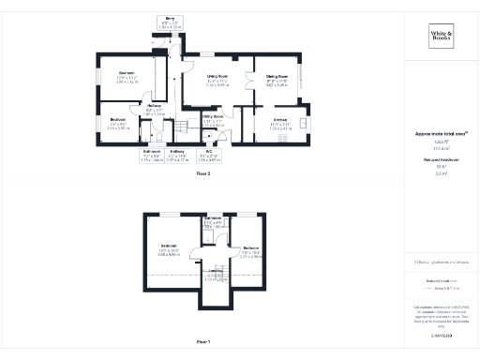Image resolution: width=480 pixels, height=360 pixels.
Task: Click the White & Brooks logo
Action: tap(441, 37)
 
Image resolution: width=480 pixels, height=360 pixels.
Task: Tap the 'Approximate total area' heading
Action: tap(440, 134)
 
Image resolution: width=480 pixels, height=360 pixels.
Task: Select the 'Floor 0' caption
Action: tap(203, 174)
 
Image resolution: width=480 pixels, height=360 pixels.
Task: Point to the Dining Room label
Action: tap(276, 79)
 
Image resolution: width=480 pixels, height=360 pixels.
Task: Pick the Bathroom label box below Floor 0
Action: tap(152, 155)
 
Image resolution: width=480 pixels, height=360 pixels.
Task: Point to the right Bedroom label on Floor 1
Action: tap(251, 250)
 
